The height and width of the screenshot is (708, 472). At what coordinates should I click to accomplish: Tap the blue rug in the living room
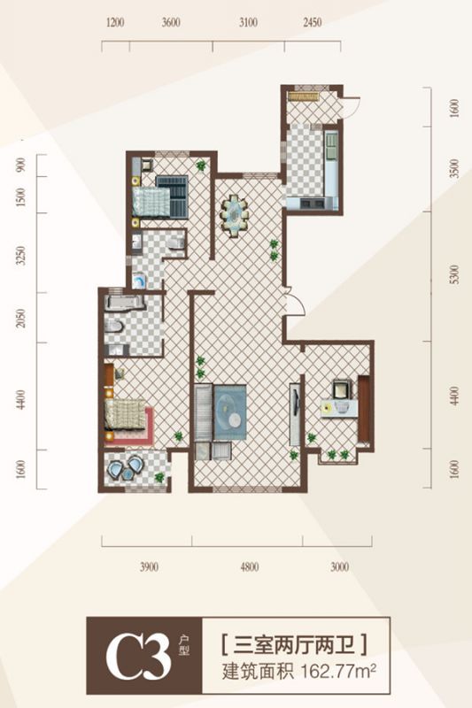[230, 412]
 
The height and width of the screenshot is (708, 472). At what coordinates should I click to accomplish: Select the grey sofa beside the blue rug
[204, 412]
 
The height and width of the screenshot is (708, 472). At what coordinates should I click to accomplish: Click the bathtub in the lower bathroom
[124, 303]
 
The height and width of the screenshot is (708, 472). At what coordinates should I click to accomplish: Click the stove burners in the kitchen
[313, 204]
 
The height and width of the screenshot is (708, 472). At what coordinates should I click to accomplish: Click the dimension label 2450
[312, 23]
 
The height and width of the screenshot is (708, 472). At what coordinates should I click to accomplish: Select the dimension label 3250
[20, 256]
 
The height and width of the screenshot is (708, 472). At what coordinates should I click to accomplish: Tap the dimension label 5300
[454, 274]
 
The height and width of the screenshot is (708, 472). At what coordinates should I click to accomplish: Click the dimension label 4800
[250, 566]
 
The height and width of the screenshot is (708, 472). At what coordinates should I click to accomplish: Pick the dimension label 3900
[149, 566]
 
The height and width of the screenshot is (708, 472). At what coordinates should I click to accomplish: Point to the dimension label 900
[20, 165]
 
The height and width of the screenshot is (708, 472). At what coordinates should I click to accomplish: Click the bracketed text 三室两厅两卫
[294, 645]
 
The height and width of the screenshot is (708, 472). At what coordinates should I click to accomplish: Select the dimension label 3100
[248, 23]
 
